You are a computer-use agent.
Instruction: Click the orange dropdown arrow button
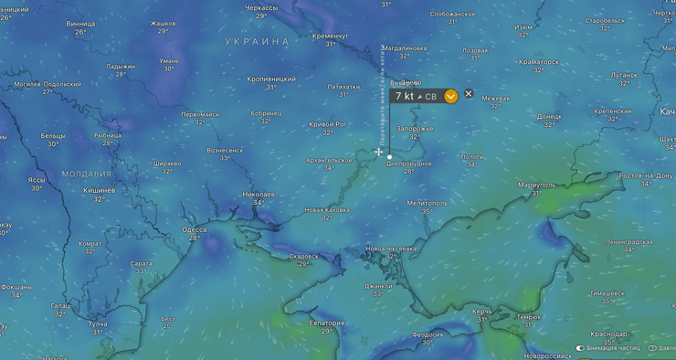click(451, 96)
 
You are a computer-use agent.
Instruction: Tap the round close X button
click(469, 94)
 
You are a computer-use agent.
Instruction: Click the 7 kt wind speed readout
click(405, 96)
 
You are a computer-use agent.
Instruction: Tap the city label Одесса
click(194, 229)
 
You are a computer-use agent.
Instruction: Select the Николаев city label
click(259, 195)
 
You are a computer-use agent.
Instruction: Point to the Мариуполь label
click(536, 185)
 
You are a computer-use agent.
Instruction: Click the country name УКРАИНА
click(257, 42)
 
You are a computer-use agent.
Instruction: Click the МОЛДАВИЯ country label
click(87, 174)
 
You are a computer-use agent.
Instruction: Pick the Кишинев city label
click(100, 190)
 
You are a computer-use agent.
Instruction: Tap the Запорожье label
click(414, 130)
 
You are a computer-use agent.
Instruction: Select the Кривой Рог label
click(328, 124)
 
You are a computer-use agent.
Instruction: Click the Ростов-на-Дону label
click(645, 175)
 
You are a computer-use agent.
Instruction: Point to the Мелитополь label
click(427, 203)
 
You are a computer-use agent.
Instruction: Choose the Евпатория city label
click(325, 323)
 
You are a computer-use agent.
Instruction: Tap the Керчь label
click(481, 312)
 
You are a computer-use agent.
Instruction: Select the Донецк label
click(549, 117)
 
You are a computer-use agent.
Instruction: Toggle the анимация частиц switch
click(580, 348)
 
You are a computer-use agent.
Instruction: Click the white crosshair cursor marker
click(379, 152)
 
